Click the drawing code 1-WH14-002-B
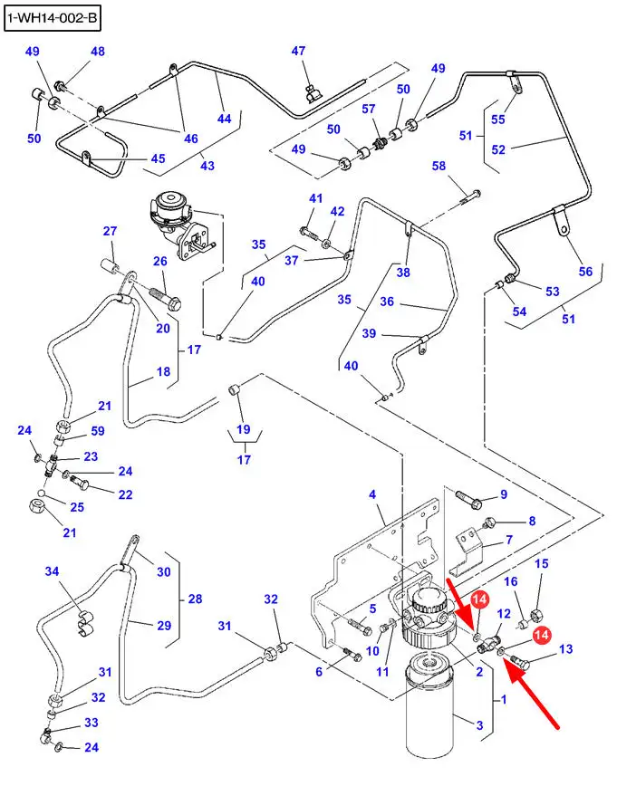[x=52, y=17]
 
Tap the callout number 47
[x=299, y=52]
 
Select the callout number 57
[x=369, y=109]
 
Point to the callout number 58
[x=439, y=166]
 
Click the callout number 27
[x=110, y=231]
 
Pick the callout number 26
[x=160, y=262]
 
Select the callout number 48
[x=97, y=52]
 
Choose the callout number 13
[x=566, y=648]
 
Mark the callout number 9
[x=503, y=494]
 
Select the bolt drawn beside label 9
[x=469, y=497]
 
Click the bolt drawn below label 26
[x=167, y=296]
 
